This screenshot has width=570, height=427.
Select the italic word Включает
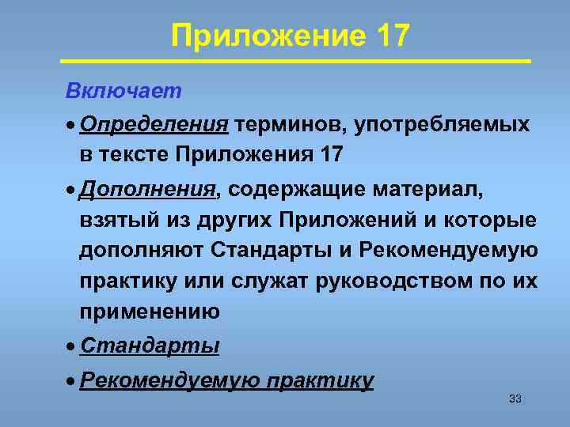(123, 91)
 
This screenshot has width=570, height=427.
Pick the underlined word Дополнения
(148, 190)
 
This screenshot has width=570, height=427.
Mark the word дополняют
(142, 250)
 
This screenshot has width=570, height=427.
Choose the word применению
(150, 310)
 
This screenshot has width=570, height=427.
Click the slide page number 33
(515, 399)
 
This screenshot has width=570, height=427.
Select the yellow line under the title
(295, 60)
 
